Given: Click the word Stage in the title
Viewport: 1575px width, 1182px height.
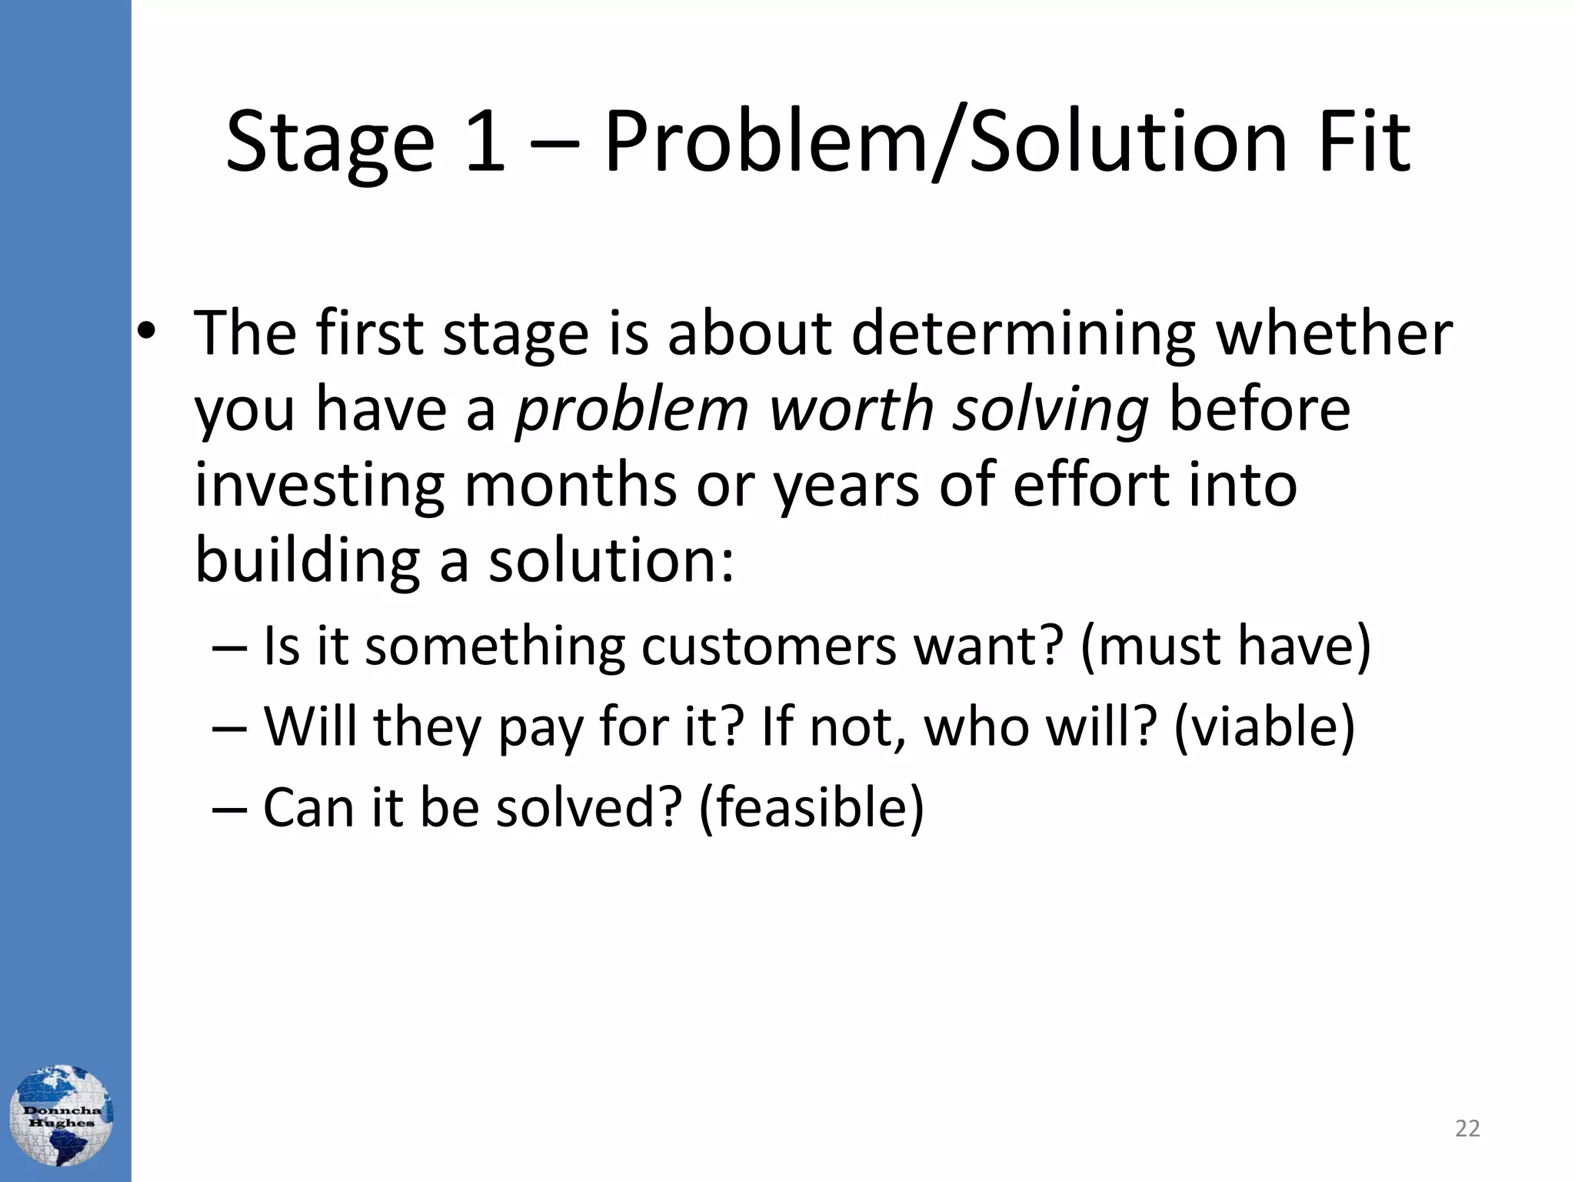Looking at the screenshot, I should (x=330, y=143).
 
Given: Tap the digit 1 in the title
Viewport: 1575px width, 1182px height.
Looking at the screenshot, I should (x=484, y=142).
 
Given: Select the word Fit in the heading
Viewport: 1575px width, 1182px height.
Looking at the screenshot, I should (x=1364, y=142).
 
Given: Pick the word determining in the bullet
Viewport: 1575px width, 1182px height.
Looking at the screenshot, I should (x=1023, y=336).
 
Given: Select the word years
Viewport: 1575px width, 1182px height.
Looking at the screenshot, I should (x=845, y=488).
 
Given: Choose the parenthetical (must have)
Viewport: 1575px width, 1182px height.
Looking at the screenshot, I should (x=1225, y=646).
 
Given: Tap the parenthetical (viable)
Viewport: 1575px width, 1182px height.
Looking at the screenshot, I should (x=1264, y=727).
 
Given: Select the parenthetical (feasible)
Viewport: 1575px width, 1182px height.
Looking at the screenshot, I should (x=811, y=808).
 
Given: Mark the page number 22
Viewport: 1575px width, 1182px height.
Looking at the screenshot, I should (x=1467, y=1128).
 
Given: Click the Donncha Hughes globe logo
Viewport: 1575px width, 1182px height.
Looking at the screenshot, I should (x=61, y=1116).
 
